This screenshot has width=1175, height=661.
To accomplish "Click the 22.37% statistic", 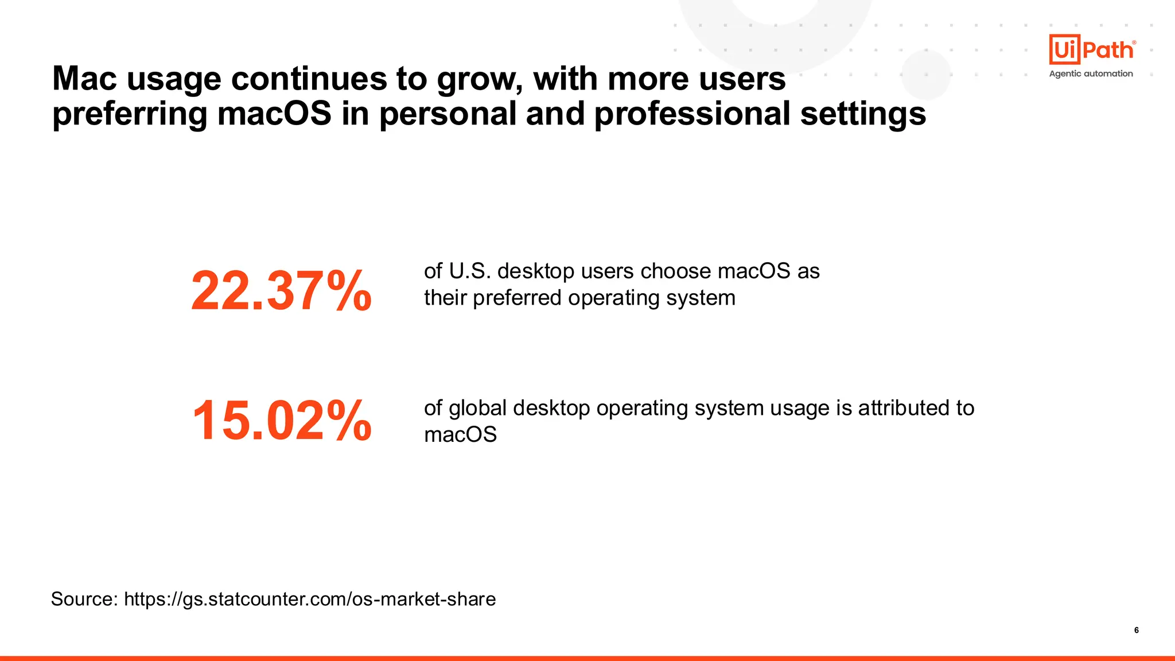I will [281, 291].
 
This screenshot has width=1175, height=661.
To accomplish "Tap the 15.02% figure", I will [281, 421].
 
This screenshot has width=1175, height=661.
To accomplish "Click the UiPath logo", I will [1092, 50].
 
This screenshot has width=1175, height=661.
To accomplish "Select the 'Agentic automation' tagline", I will [1091, 73].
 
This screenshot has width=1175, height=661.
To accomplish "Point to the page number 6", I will [1136, 630].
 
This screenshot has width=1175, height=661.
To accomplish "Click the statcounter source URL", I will [310, 599].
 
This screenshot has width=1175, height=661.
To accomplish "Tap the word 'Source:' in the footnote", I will [84, 599].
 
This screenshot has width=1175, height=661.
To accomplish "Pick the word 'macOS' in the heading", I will [274, 113].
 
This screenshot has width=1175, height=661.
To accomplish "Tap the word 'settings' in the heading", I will [863, 114].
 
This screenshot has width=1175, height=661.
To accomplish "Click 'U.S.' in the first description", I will [470, 271].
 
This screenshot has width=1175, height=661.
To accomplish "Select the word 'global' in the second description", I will [477, 408].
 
